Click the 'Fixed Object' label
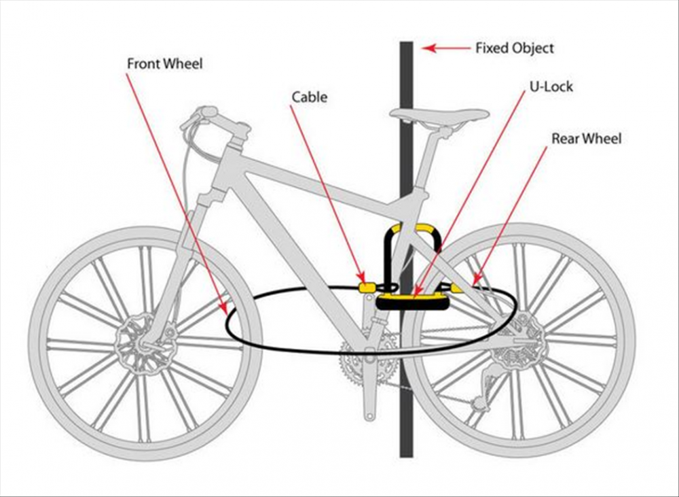(514, 48)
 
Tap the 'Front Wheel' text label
(165, 64)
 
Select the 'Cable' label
(310, 97)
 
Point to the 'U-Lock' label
(551, 87)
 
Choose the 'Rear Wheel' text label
(586, 139)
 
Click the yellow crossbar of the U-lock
(412, 296)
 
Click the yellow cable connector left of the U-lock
(367, 288)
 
